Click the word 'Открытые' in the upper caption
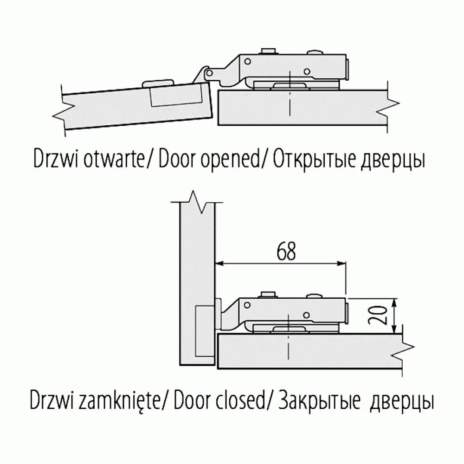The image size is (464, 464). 316,161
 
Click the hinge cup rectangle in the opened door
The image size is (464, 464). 177,96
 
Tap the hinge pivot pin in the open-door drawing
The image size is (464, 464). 210,73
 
